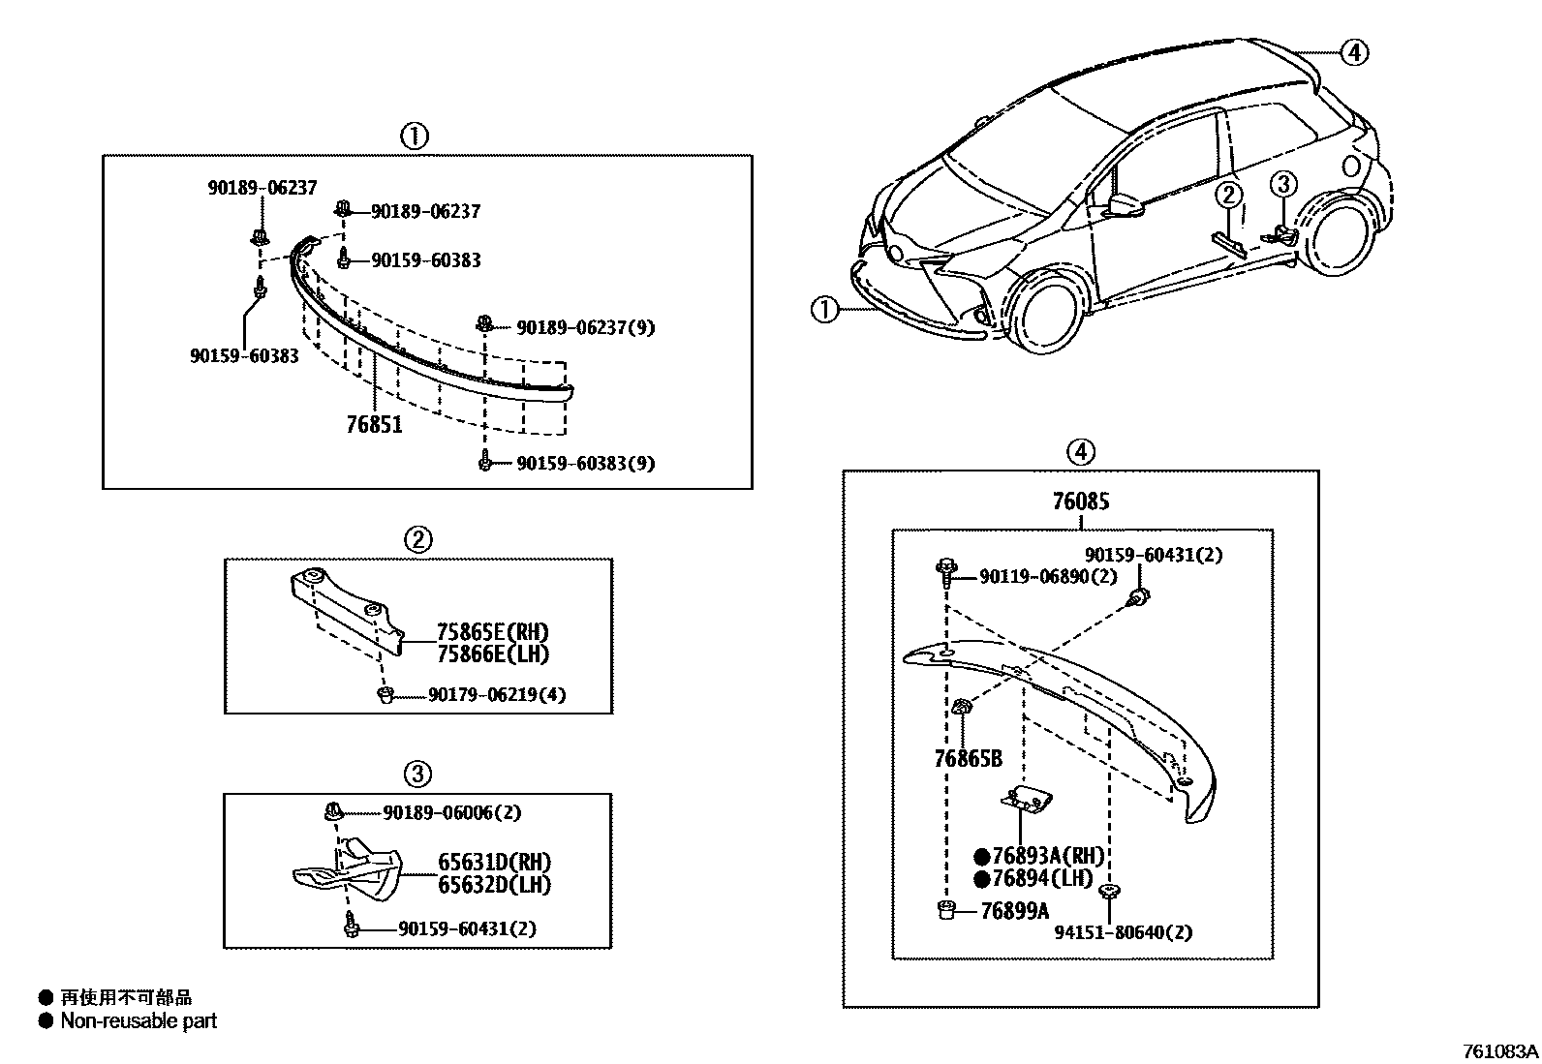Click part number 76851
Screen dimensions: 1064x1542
coord(374,424)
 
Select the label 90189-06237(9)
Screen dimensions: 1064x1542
coord(585,328)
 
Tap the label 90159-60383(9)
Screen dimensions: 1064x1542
coord(585,464)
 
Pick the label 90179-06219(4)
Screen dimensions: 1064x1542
coord(497,695)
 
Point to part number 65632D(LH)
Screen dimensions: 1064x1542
coord(494,885)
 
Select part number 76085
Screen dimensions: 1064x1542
coord(1081,502)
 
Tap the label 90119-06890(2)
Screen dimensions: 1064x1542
coord(1048,576)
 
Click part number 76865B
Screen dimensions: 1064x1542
coord(968,759)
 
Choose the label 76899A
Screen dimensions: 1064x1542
coord(1014,911)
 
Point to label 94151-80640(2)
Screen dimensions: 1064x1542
coord(1124,932)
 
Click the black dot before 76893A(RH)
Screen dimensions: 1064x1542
coord(981,857)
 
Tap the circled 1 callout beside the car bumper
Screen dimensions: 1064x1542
coord(824,310)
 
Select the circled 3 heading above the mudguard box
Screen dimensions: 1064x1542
coord(417,774)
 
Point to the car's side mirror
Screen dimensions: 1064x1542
coord(1124,205)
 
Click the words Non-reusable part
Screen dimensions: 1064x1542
coord(139,1020)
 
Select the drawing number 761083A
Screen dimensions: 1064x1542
coord(1499,1051)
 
